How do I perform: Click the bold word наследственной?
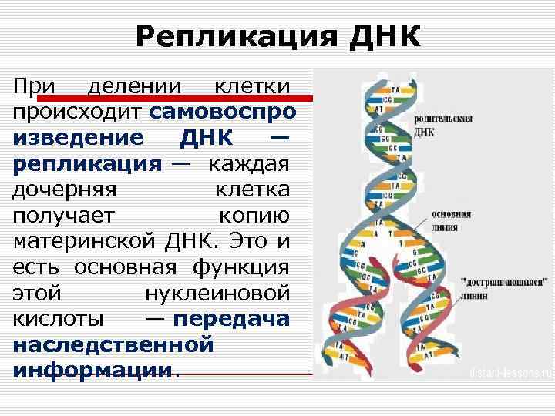point(113,344)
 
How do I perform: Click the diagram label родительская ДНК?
point(442,126)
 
